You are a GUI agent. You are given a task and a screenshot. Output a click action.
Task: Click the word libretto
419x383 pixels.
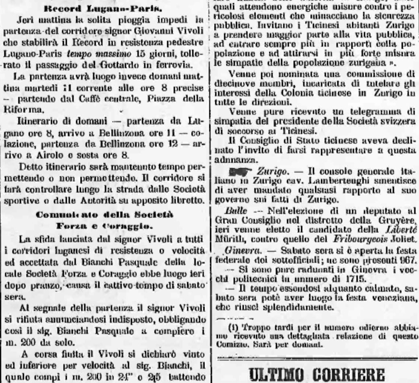(x=188, y=199)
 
